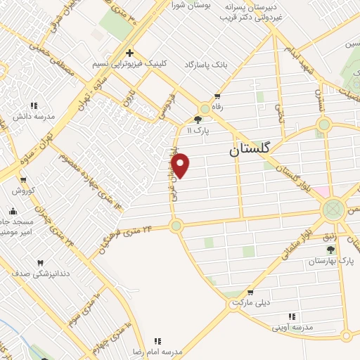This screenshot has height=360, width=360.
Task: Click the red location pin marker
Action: click(x=181, y=165)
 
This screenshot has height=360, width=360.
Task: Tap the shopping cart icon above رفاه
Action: click(x=217, y=96)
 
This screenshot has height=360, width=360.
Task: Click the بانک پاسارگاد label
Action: click(x=207, y=64)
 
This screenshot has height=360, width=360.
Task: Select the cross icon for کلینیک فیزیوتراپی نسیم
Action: click(x=129, y=53)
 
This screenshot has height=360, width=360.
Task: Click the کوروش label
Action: click(x=22, y=191)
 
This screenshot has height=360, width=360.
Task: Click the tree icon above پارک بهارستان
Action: click(x=330, y=250)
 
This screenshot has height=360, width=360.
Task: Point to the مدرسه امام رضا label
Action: click(x=158, y=350)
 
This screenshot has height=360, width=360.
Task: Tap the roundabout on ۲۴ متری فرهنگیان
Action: click(x=176, y=226)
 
